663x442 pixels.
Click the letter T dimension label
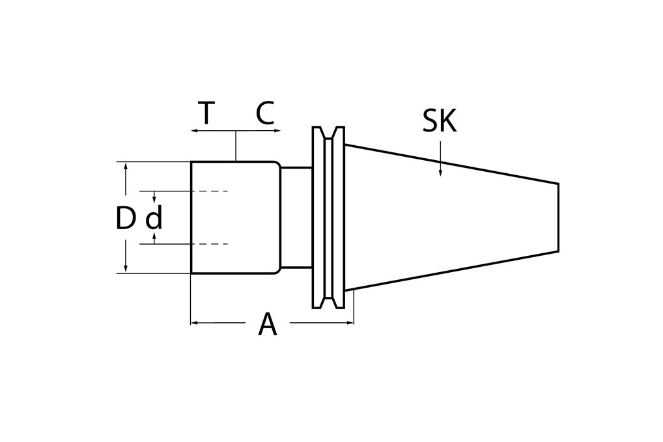206,114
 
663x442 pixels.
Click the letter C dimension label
264,114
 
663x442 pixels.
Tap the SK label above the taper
440,121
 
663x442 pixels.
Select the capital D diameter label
124,219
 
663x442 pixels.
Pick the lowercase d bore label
154,219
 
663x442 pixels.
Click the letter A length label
267,324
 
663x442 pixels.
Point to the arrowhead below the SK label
440,173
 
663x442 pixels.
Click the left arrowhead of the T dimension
194,131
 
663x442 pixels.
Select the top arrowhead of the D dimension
126,165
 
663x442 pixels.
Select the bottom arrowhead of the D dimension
126,269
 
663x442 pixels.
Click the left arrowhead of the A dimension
194,322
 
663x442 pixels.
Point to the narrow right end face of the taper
558,217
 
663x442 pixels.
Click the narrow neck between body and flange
296,217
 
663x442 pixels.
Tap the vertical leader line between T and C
236,146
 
